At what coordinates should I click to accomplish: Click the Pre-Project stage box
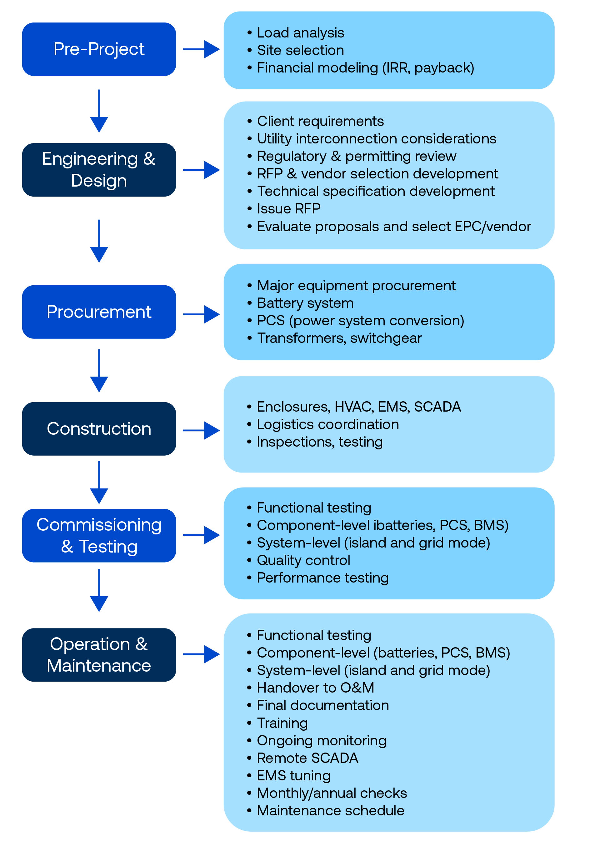(99, 49)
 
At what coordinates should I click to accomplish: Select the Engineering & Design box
(99, 170)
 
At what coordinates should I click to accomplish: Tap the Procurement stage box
(99, 312)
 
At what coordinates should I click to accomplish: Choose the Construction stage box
(99, 429)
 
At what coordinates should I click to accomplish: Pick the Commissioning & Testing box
(99, 535)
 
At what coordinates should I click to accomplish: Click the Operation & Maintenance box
(99, 655)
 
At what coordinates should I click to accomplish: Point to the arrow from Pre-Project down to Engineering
(99, 111)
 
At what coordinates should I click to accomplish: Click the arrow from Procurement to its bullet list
(201, 314)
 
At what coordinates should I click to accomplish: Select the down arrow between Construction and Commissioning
(99, 482)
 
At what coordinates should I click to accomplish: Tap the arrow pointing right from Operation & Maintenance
(201, 654)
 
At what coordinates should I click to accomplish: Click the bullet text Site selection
(300, 50)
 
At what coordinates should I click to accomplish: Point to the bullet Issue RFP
(288, 209)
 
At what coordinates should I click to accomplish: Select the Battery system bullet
(305, 303)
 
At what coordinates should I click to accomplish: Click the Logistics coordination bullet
(328, 424)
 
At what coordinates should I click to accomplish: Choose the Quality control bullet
(303, 560)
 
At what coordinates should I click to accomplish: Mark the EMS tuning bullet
(294, 775)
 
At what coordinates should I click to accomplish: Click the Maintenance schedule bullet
(330, 810)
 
